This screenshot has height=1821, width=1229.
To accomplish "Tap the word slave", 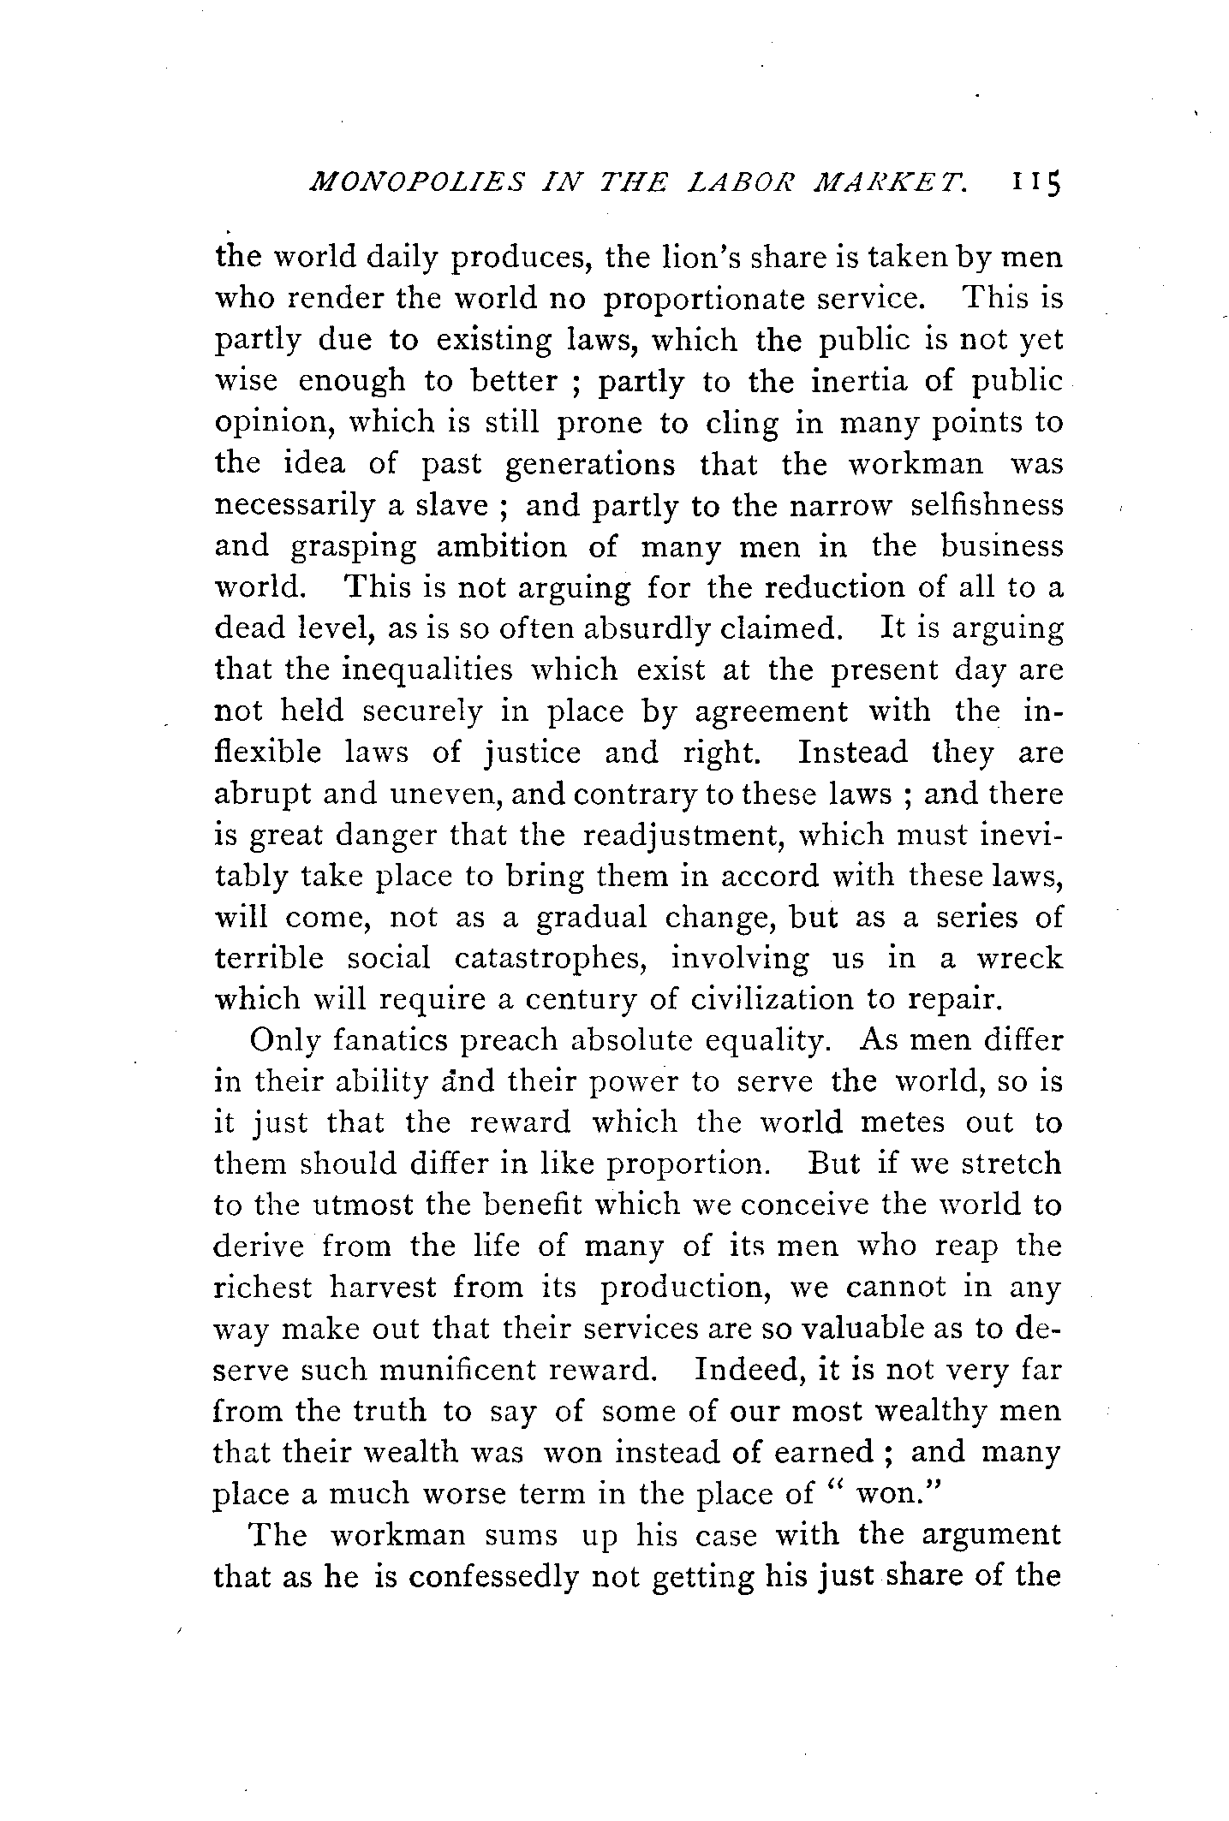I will (460, 505).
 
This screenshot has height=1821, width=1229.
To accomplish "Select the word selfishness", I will (986, 505).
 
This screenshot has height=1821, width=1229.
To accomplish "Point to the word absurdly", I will (648, 629).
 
